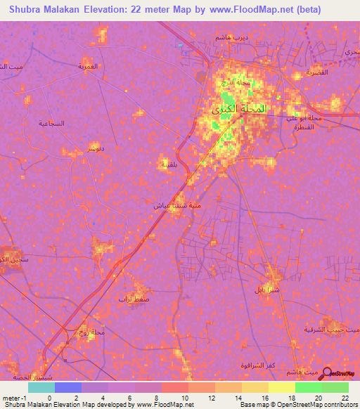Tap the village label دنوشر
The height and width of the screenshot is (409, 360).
point(96,148)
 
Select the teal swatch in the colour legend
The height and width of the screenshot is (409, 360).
point(41,387)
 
